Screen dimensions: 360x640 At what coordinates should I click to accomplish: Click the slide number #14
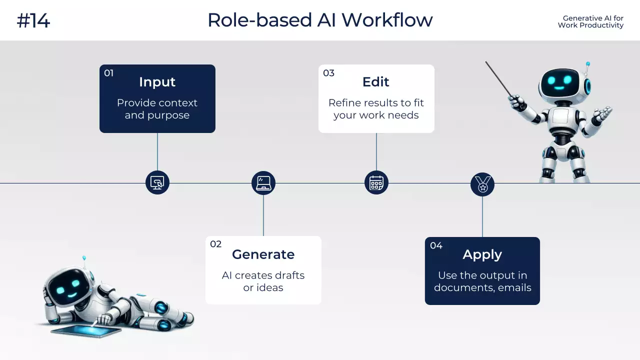coord(33,21)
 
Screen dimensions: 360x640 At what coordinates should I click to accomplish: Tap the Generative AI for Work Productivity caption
coord(590,21)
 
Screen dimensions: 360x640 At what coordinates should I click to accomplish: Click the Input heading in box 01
coord(157,82)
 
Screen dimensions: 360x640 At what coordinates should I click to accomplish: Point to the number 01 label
coord(108,73)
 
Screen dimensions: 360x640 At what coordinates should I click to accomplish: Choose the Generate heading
coord(263,254)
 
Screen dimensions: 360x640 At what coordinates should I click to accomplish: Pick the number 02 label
coord(215,244)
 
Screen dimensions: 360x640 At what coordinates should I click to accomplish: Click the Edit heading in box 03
coord(376,82)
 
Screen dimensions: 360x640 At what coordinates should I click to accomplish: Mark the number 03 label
coord(328,73)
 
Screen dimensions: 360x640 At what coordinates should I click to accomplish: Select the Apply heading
coord(482,254)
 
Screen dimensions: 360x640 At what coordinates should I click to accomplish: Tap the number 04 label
coord(436,245)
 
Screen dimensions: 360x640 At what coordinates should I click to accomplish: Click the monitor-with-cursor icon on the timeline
coord(157,182)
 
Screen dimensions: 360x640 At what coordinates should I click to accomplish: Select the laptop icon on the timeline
coord(263,183)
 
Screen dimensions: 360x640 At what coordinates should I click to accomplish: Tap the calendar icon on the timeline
coord(376,182)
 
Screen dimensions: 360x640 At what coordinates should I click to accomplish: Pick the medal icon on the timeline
coord(482,184)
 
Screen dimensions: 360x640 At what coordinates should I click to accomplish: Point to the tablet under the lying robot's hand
coord(86,331)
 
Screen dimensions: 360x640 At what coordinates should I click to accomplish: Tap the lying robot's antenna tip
coord(84,258)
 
